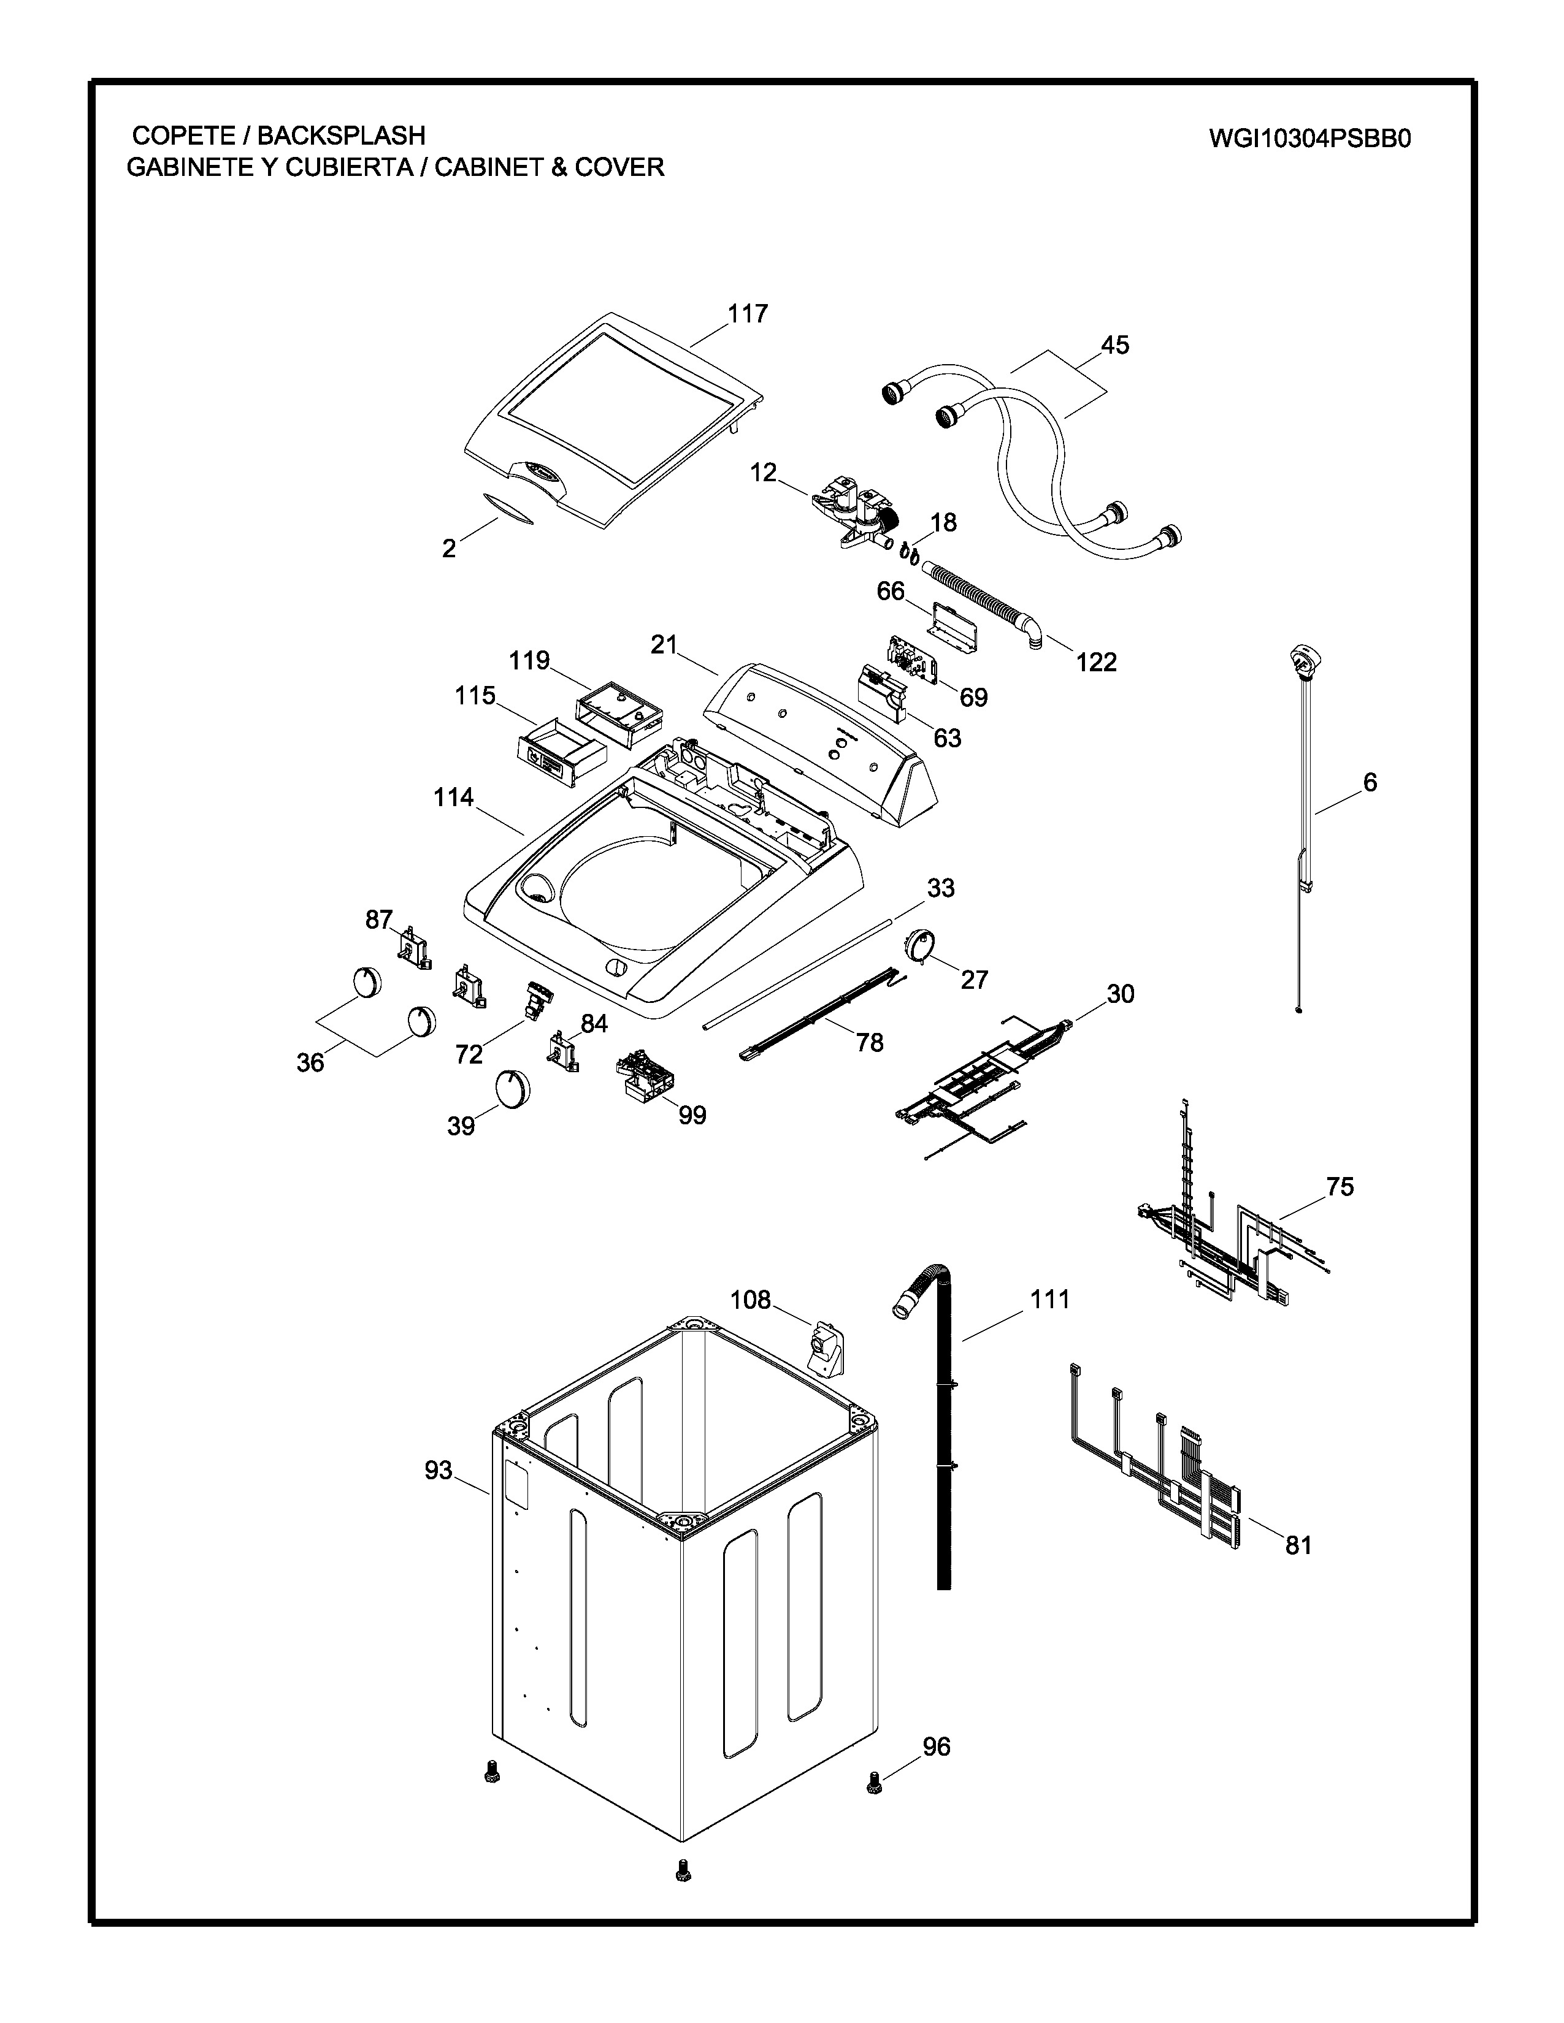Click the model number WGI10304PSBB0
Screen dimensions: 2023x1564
point(1309,139)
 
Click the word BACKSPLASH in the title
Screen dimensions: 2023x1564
point(341,135)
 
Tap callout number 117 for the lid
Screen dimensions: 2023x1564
point(748,314)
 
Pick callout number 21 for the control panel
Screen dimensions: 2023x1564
point(664,645)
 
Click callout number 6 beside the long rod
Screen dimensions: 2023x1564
point(1370,783)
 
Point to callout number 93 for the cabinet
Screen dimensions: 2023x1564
point(439,1470)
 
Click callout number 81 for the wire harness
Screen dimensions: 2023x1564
point(1298,1544)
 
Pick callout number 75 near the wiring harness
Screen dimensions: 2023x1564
point(1340,1187)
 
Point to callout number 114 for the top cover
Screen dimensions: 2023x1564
point(454,798)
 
